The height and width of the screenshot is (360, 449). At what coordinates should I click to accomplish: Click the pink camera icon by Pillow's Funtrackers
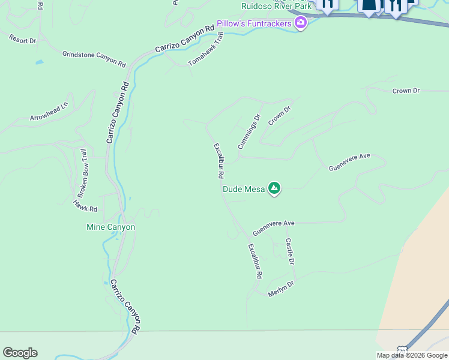301,23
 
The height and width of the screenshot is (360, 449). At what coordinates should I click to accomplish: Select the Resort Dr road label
23,38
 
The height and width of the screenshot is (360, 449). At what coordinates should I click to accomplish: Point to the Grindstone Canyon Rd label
94,58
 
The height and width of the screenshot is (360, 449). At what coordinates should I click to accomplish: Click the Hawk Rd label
85,205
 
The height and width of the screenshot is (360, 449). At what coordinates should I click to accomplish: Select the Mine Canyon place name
111,227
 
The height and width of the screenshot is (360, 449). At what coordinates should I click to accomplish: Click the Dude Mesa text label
244,189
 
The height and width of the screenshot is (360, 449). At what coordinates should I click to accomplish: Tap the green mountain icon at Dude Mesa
274,189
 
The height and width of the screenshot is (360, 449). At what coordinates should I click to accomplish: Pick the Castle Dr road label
290,251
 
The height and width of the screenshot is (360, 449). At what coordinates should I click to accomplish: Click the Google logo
20,353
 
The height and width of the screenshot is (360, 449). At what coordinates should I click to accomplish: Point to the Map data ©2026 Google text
412,355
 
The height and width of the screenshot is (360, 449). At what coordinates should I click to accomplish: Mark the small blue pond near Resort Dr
39,62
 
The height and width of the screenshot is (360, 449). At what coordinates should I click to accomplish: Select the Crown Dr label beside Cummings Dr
279,116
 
